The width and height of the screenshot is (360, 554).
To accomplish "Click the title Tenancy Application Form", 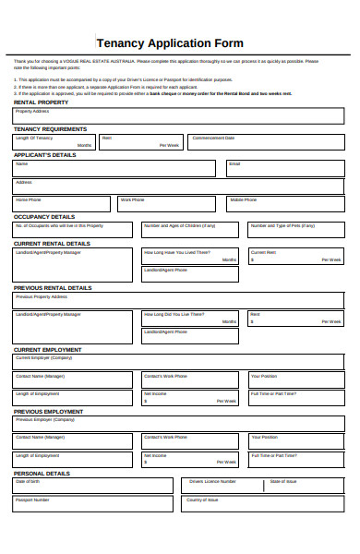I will point(170,42).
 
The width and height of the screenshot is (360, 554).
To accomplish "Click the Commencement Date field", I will point(265,142).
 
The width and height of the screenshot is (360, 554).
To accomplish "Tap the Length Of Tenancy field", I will point(53,142).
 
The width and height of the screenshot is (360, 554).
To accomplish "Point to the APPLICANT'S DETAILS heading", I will point(44,155).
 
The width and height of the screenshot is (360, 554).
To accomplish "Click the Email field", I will point(284,168).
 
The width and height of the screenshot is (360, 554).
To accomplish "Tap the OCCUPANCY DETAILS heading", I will point(43,216).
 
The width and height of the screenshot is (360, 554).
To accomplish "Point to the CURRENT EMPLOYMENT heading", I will point(47,350).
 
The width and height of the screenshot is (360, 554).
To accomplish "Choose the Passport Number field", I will point(92,506).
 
